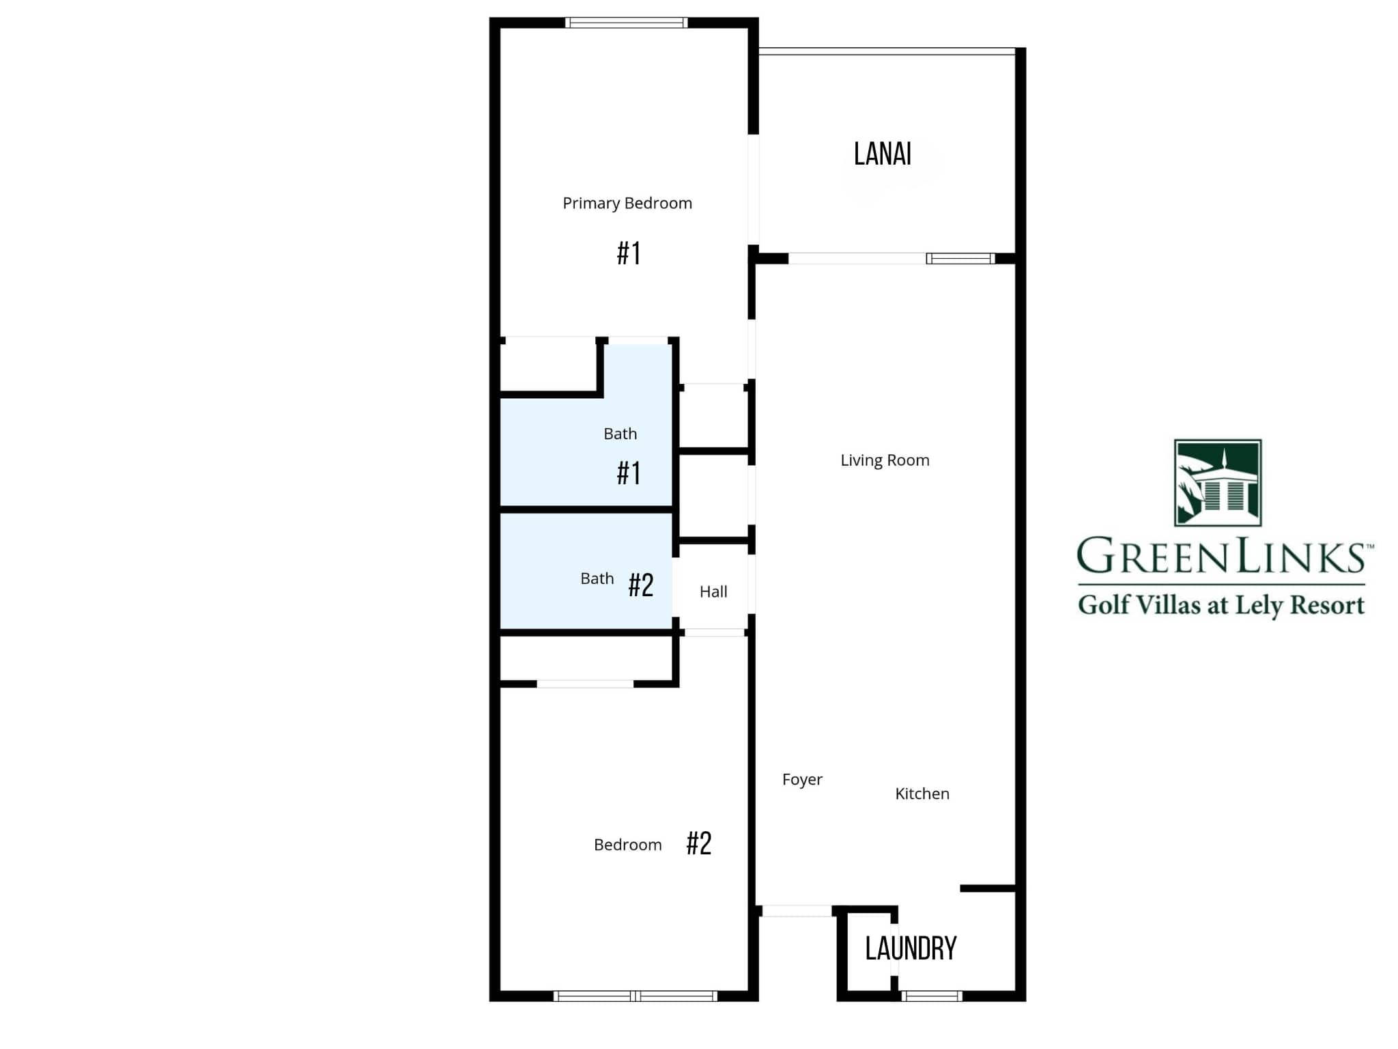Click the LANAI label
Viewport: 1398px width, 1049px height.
coord(882,154)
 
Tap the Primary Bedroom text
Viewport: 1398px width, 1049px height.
coord(627,204)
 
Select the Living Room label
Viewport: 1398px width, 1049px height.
coord(885,460)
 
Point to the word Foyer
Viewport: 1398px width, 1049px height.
coord(802,779)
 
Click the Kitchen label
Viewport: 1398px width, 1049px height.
coord(922,794)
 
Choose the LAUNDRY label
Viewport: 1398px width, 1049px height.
coord(911,948)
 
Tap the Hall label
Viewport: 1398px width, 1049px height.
coord(713,591)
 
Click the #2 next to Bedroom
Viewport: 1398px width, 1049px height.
coord(699,843)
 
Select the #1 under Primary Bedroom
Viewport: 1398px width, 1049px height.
coord(629,253)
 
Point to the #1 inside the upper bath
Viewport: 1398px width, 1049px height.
coord(629,473)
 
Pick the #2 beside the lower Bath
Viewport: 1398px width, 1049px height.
coord(641,585)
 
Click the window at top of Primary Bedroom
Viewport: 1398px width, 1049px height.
coord(626,23)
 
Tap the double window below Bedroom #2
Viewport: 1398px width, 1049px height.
coord(635,996)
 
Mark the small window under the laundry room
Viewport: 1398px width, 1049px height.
coord(931,996)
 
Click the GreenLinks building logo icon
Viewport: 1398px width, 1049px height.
coord(1217,483)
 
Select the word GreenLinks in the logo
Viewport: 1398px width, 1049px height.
coord(1221,557)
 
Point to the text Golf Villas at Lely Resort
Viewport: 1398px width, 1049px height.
coord(1221,605)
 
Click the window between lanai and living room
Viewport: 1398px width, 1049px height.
coord(960,258)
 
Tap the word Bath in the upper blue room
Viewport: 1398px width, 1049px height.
coord(620,434)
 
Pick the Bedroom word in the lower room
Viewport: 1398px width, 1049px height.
coord(627,845)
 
